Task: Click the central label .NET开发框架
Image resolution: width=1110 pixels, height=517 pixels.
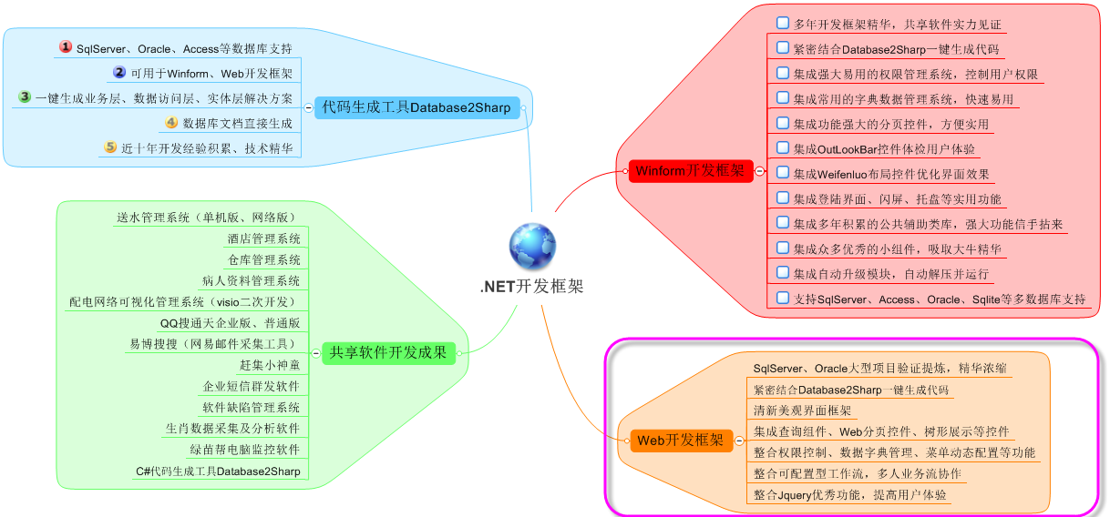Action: tap(532, 287)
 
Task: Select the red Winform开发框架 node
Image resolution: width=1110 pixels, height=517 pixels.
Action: tap(689, 170)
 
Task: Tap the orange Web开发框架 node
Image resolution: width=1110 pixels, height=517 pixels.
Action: tap(680, 441)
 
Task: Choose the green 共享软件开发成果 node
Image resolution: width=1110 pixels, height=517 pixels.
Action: tap(388, 352)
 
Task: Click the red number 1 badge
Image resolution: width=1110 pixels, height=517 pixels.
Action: tap(66, 47)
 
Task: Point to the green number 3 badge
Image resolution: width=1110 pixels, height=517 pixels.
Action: tap(25, 96)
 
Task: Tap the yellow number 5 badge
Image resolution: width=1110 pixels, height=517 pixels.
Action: tap(110, 147)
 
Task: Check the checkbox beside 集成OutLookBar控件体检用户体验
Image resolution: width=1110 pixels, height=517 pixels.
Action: tap(782, 147)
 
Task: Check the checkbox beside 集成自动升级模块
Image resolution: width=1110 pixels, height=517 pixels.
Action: tap(782, 271)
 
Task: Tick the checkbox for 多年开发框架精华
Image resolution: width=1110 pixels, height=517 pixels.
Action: tap(782, 23)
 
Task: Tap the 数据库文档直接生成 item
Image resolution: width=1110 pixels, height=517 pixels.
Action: tap(237, 123)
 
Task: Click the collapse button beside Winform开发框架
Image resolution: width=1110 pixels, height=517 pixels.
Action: tap(759, 170)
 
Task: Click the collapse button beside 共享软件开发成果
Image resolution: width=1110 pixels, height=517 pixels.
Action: tap(314, 352)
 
